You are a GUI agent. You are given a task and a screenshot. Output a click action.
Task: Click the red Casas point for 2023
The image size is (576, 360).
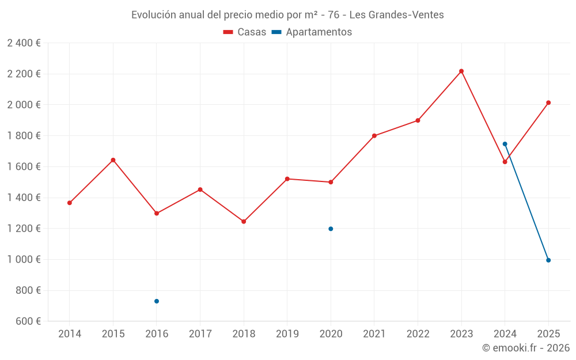tap(461, 71)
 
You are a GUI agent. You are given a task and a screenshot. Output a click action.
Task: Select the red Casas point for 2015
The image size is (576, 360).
tap(113, 160)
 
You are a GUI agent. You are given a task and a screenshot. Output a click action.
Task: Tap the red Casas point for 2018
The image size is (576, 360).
tap(244, 221)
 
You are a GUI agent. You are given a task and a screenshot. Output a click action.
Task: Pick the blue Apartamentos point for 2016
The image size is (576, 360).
tap(157, 301)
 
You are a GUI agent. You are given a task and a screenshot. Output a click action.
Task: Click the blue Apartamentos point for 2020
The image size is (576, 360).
tap(331, 229)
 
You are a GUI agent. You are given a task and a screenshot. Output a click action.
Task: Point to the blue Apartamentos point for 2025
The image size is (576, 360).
tap(548, 260)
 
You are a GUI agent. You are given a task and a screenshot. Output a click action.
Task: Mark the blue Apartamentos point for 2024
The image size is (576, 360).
tap(505, 144)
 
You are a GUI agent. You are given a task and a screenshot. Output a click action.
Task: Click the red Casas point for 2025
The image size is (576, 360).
tap(548, 103)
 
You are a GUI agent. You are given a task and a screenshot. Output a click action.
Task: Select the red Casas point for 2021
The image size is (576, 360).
tap(374, 136)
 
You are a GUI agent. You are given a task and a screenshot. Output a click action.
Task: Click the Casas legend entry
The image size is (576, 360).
tap(245, 32)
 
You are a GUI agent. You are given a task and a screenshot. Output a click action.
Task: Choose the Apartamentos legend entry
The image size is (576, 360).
tap(312, 32)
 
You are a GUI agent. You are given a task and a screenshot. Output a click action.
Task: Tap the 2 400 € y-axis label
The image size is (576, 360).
tap(24, 43)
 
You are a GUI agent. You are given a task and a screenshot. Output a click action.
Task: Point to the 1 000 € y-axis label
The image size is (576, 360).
tap(24, 260)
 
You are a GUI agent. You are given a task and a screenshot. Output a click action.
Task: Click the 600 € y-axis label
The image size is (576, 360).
tap(27, 321)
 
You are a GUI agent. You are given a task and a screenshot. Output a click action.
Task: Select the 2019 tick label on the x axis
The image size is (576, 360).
tap(287, 334)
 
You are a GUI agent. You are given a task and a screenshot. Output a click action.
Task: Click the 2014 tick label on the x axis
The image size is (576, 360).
tap(70, 334)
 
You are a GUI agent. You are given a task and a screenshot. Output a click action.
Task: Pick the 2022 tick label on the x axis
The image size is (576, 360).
tap(418, 334)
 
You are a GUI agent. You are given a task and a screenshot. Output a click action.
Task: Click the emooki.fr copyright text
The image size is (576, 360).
tap(525, 348)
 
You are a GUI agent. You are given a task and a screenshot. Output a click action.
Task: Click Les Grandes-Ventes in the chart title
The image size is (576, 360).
tap(397, 15)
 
